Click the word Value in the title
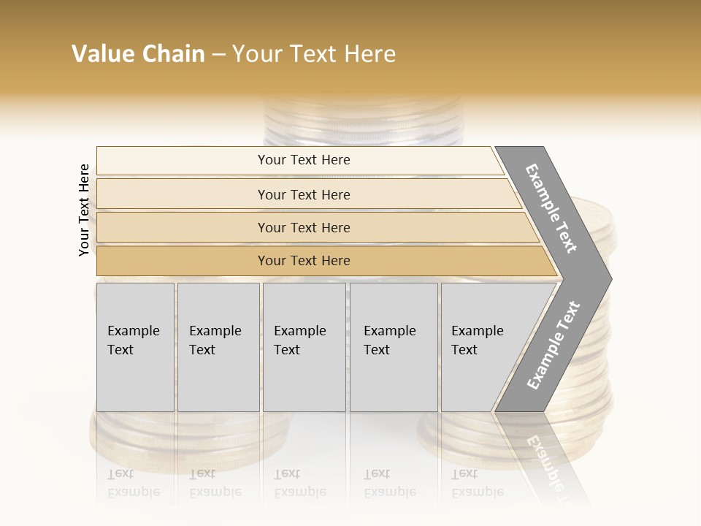(101, 54)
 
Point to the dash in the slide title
(218, 55)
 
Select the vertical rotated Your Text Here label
(85, 210)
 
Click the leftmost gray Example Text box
(135, 347)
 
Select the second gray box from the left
(218, 347)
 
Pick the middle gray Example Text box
(304, 347)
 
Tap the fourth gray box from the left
(394, 347)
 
